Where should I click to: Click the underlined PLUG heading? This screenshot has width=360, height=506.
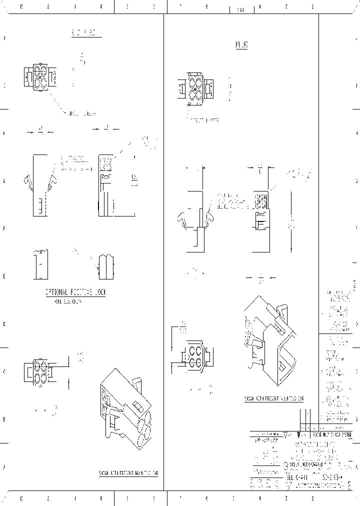(x=241, y=45)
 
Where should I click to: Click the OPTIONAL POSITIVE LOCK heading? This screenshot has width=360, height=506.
(x=75, y=292)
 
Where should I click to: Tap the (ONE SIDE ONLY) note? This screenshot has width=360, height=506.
(x=68, y=301)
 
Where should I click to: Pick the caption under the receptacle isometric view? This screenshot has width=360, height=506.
(x=128, y=472)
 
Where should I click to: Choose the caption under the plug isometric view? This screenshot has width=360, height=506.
(x=273, y=399)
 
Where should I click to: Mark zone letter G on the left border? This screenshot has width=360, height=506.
(x=4, y=181)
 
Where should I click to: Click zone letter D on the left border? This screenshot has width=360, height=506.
(x=4, y=324)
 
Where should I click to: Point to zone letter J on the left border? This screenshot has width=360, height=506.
(x=4, y=38)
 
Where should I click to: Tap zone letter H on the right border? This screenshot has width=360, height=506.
(x=356, y=133)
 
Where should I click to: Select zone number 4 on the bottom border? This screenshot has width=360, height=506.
(x=259, y=498)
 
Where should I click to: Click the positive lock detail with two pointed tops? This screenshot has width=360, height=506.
(x=106, y=266)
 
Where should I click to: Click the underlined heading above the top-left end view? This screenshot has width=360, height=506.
(x=83, y=33)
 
